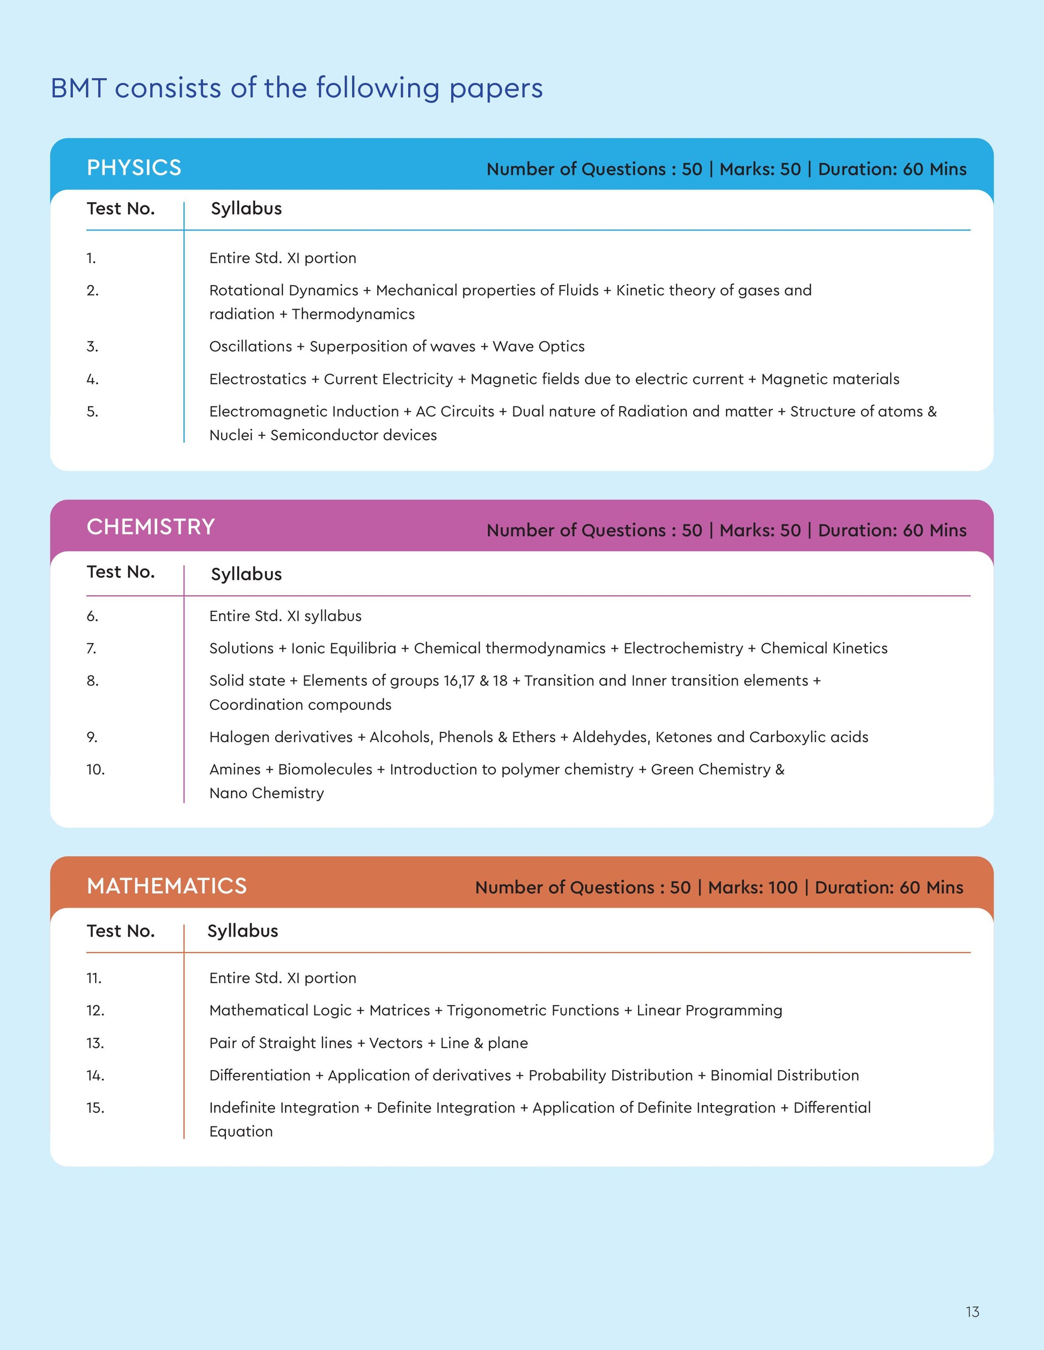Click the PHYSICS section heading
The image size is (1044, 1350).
(x=134, y=167)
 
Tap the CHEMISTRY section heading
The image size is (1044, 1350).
(x=150, y=526)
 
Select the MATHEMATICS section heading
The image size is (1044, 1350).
(x=166, y=886)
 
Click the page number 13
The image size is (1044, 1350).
(x=972, y=1312)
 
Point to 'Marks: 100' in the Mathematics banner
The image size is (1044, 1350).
(x=752, y=888)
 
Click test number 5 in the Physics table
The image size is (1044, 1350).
(x=92, y=412)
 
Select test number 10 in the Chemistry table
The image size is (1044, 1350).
(x=95, y=769)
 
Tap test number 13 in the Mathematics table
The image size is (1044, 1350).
(x=94, y=1043)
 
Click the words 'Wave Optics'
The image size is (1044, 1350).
(x=538, y=347)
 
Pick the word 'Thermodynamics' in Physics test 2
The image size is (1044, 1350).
(x=352, y=314)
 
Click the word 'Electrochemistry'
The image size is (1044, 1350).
(x=683, y=648)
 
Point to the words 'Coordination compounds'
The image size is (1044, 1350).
(x=300, y=704)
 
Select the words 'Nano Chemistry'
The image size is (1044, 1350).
(x=266, y=793)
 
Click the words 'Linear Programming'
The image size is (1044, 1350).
(x=709, y=1011)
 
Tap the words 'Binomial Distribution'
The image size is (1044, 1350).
(x=784, y=1075)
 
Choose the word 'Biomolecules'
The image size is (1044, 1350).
(x=325, y=769)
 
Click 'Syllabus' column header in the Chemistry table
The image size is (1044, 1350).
(x=246, y=574)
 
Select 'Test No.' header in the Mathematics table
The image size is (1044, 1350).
(x=121, y=931)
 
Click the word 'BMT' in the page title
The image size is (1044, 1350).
(x=78, y=88)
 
